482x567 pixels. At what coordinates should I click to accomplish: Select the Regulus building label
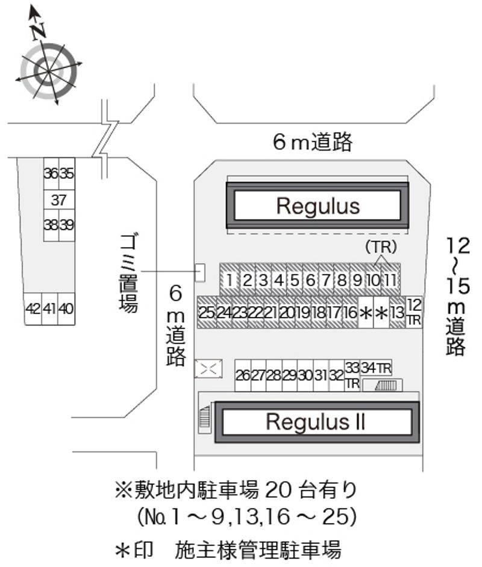tap(318, 206)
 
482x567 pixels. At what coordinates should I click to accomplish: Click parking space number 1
tap(229, 280)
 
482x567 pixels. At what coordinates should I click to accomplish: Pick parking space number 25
tap(207, 313)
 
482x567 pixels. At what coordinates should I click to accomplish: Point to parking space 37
tap(58, 199)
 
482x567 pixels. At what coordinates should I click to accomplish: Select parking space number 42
tap(33, 309)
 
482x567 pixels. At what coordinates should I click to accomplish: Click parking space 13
tap(396, 313)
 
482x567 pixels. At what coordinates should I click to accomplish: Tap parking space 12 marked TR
tap(413, 312)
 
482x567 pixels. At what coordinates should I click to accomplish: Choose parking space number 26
tap(242, 375)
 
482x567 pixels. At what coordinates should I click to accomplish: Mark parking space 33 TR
tap(352, 375)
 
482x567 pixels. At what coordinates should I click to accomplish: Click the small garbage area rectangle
tap(200, 273)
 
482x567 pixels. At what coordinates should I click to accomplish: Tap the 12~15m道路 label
tap(456, 295)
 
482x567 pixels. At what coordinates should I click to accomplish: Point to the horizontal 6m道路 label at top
tap(312, 142)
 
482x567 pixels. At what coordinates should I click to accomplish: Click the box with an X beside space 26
tap(208, 368)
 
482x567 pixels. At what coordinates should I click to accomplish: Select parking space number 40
tap(67, 309)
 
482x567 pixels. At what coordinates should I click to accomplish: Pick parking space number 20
tap(287, 313)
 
